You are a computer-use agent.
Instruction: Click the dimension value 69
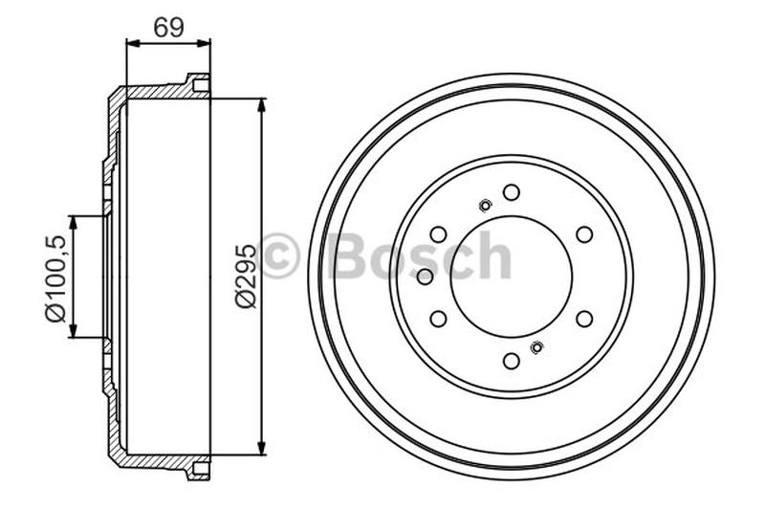click(168, 27)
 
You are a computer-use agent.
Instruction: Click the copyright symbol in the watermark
click(279, 256)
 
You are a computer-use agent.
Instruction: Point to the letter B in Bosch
click(346, 256)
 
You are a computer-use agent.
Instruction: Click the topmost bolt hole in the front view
click(512, 192)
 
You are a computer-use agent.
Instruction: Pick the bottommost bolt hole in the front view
click(512, 360)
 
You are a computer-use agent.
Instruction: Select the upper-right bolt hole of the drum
click(584, 234)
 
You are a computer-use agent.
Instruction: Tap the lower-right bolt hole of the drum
click(584, 318)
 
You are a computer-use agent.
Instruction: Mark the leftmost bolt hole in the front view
click(426, 277)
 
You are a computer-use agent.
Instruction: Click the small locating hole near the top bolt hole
click(485, 204)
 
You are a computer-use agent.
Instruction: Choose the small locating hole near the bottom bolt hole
click(536, 347)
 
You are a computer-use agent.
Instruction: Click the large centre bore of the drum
click(512, 277)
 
